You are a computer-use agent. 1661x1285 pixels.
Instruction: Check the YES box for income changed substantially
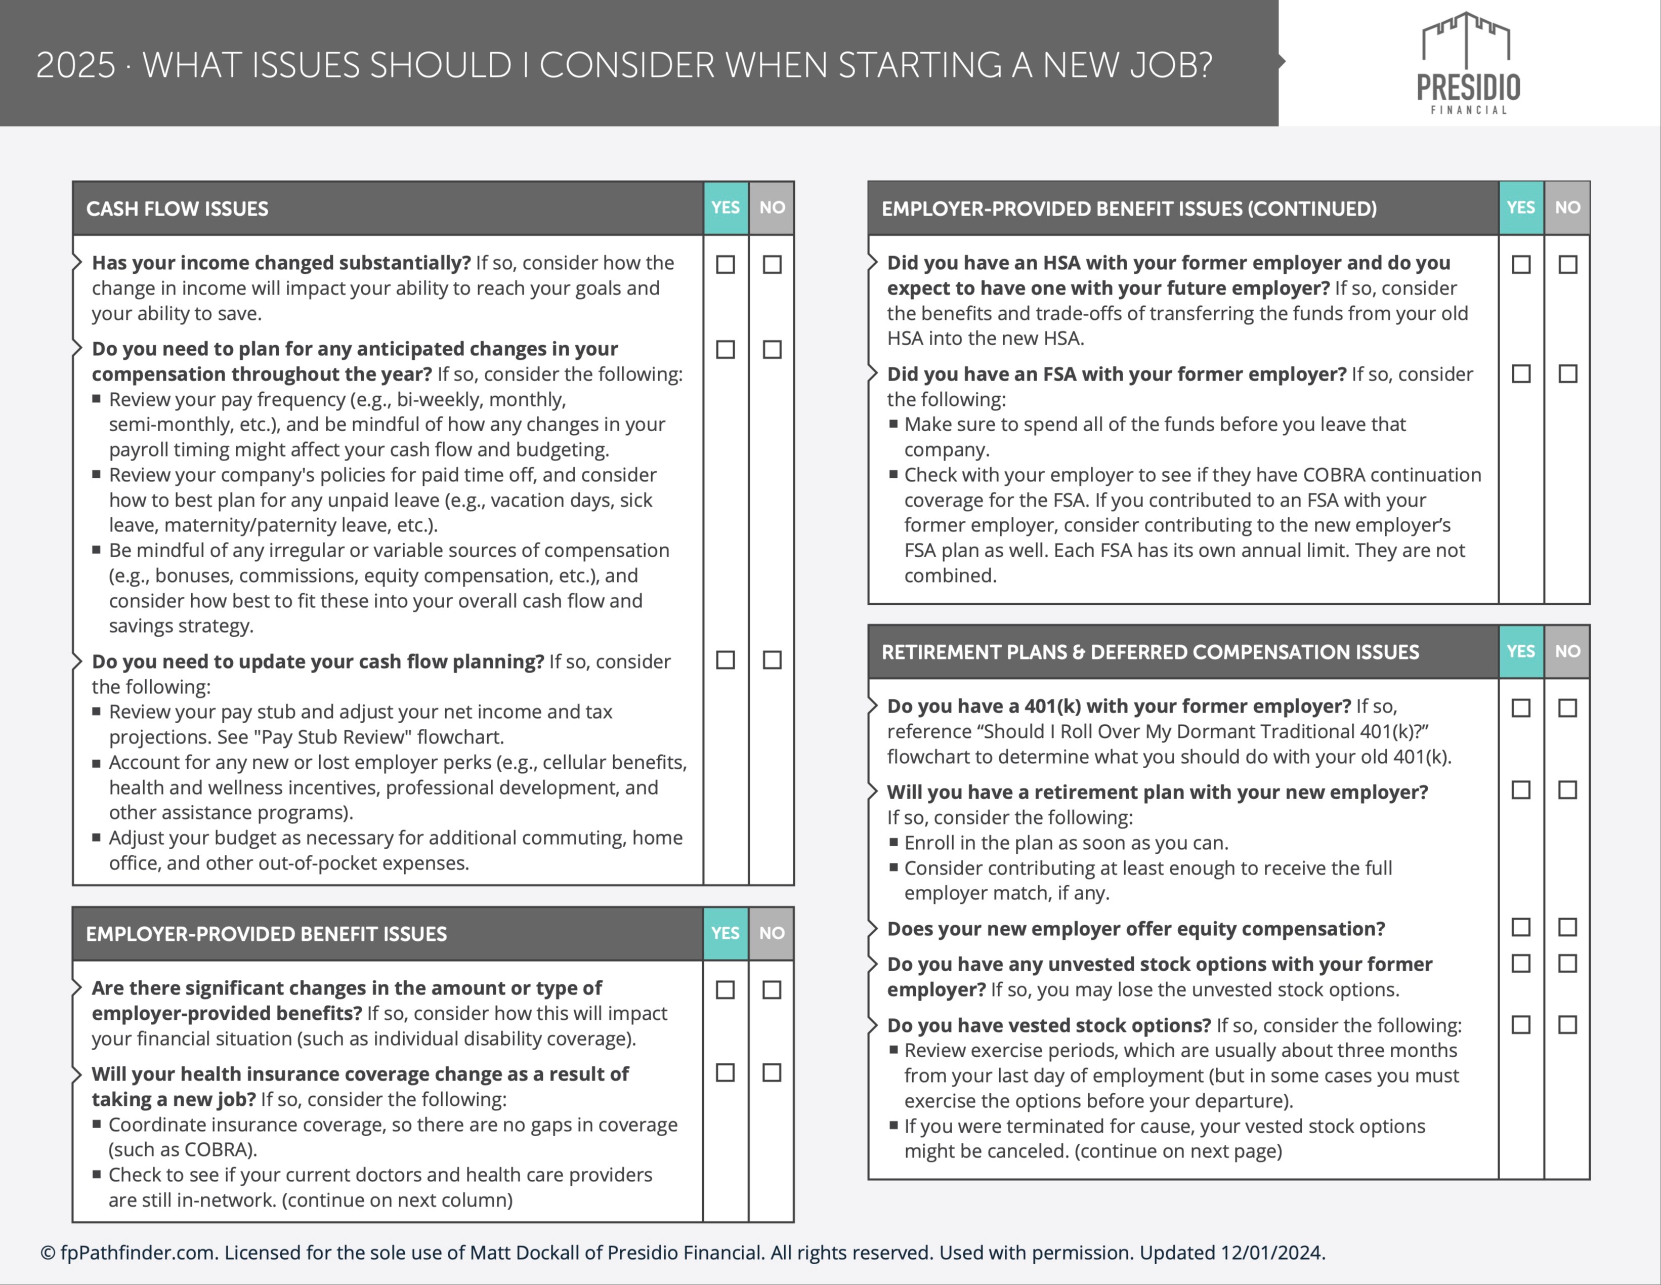coord(726,265)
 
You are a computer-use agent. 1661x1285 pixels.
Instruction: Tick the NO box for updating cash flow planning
coord(772,660)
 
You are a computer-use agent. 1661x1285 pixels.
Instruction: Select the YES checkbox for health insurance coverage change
coord(726,1073)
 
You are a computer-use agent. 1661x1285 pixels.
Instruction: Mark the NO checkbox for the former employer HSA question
coord(1567,265)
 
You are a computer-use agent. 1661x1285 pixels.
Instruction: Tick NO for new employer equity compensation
coord(1567,927)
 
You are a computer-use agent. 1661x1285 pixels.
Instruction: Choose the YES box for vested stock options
coord(1521,1025)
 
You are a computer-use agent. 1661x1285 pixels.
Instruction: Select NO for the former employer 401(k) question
coord(1567,709)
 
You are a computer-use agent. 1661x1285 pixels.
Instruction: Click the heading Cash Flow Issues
coord(177,209)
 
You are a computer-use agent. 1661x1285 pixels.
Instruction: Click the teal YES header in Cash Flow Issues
coord(726,208)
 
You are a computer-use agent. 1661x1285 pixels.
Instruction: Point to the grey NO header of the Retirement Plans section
coord(1567,651)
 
